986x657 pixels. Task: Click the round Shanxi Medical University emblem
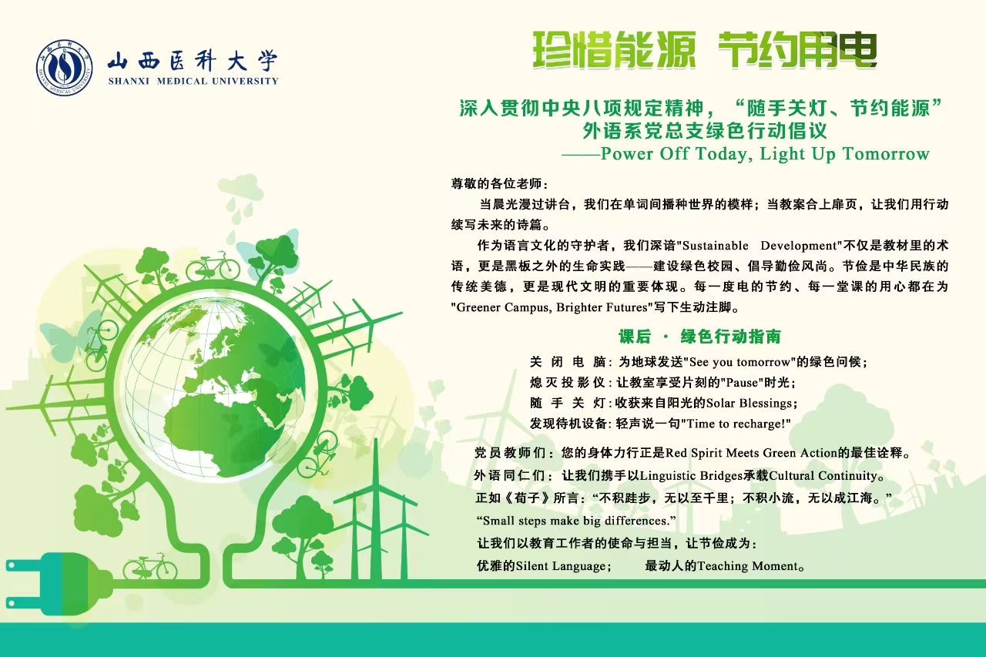64,68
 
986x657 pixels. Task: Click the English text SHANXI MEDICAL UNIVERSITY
193,81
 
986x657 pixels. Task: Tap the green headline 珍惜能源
614,50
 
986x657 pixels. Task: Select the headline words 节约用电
797,50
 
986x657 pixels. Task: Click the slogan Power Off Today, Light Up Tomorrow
765,153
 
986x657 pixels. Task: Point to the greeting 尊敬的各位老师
497,183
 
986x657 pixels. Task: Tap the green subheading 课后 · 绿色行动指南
699,337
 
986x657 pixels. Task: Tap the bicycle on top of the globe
213,266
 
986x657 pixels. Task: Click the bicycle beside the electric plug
149,567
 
